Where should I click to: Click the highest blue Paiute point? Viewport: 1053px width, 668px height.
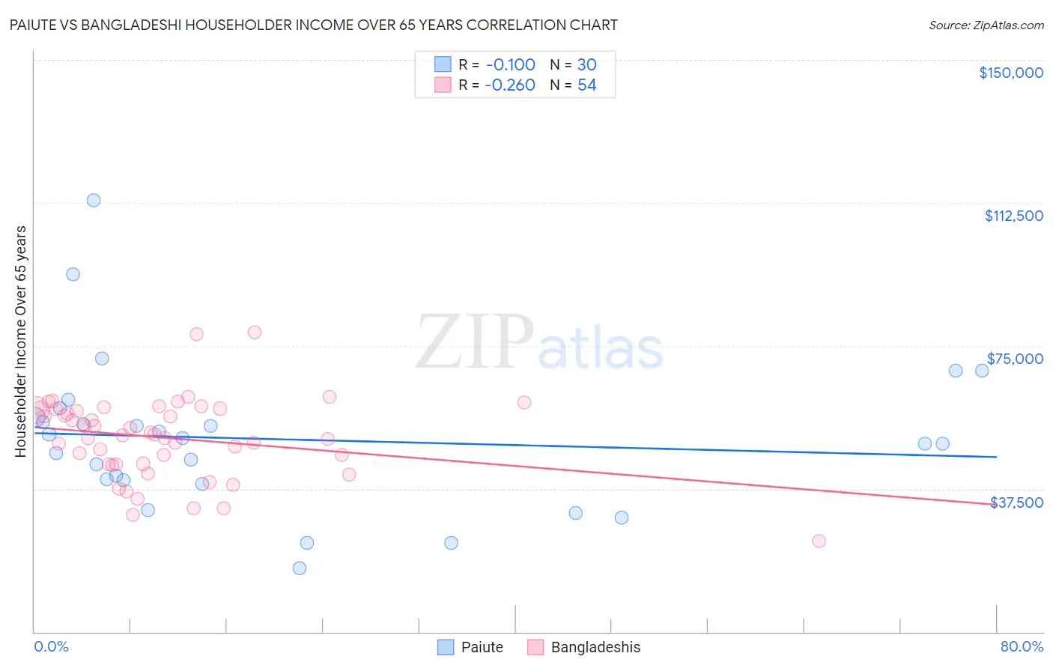(94, 200)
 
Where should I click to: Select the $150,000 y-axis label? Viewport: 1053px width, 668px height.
(1010, 73)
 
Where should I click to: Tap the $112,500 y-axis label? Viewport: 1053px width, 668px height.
(1013, 216)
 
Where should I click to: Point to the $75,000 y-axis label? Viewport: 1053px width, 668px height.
(1015, 359)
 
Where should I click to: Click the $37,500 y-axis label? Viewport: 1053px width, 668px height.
(1016, 502)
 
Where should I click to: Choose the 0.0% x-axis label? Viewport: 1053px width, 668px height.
(51, 646)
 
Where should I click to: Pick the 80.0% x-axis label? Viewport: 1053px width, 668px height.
(1022, 646)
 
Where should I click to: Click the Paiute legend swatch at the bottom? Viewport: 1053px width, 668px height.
(446, 647)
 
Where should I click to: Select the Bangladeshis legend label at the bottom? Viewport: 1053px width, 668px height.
(595, 647)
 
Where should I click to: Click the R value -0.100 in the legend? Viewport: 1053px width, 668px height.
(510, 64)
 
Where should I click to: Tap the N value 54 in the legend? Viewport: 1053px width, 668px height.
(586, 85)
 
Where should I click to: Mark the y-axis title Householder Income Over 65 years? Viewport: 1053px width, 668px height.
(21, 341)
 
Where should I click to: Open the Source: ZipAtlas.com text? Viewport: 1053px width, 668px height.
(986, 25)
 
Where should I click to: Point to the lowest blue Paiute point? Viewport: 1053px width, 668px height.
(300, 568)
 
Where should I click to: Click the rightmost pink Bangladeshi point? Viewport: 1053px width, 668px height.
(819, 541)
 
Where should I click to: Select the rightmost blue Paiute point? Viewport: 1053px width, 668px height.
(982, 371)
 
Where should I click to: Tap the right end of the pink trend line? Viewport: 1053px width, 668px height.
(996, 504)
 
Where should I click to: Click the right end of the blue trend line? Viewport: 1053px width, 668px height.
(996, 457)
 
